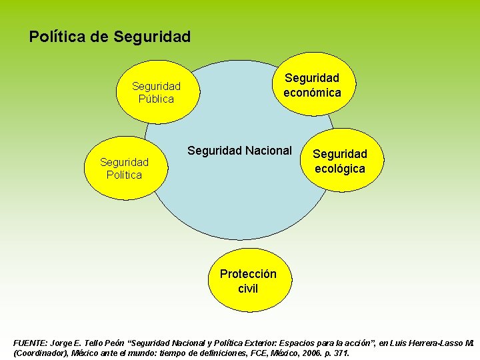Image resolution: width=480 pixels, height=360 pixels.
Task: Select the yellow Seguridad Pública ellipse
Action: (156, 92)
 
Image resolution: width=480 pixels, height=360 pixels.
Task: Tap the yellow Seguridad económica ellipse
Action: (312, 85)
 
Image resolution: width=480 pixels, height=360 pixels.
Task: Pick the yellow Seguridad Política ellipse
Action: (124, 168)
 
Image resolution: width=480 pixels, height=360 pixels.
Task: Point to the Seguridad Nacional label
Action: (239, 151)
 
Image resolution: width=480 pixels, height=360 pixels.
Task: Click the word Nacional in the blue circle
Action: (268, 151)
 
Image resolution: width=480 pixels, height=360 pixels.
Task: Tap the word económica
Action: (312, 93)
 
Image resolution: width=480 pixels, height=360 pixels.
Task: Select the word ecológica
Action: (340, 169)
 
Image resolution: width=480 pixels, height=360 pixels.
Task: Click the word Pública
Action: (156, 99)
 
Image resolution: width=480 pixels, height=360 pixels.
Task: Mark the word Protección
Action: (248, 274)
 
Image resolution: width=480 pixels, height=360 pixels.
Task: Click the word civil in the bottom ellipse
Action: (248, 289)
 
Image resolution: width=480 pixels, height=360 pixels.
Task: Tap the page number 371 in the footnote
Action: (341, 353)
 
